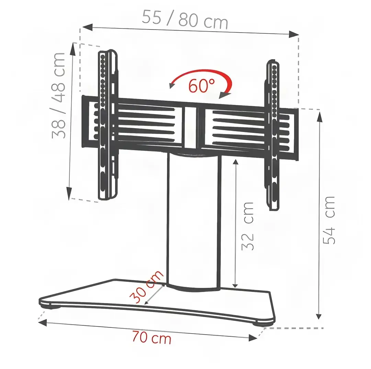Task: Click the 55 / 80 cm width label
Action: [x=185, y=19]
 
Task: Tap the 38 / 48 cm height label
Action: [x=58, y=96]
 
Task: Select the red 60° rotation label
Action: [x=202, y=86]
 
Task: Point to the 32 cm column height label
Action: [x=247, y=226]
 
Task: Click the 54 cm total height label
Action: [x=329, y=220]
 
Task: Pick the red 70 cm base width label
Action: [x=152, y=337]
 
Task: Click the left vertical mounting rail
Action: [x=108, y=125]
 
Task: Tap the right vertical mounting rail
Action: [x=272, y=135]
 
